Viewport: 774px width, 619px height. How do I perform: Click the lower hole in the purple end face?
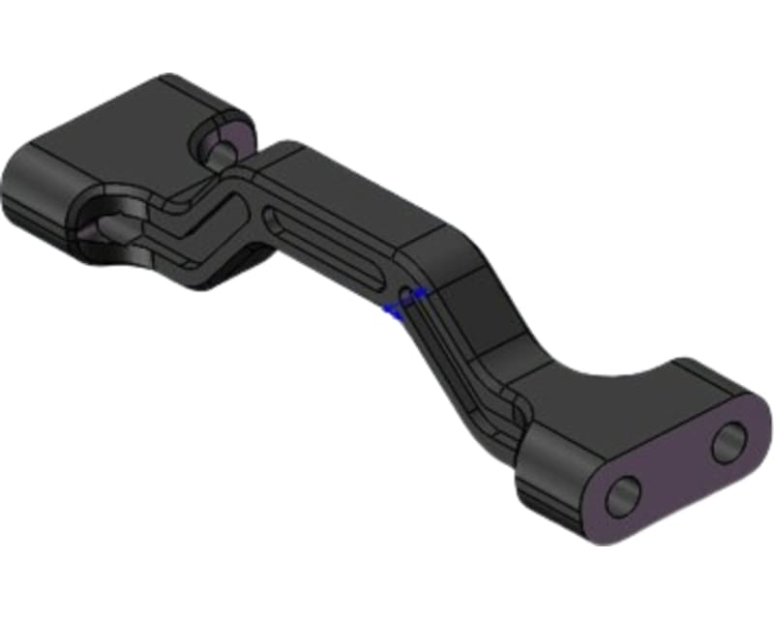tap(623, 493)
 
